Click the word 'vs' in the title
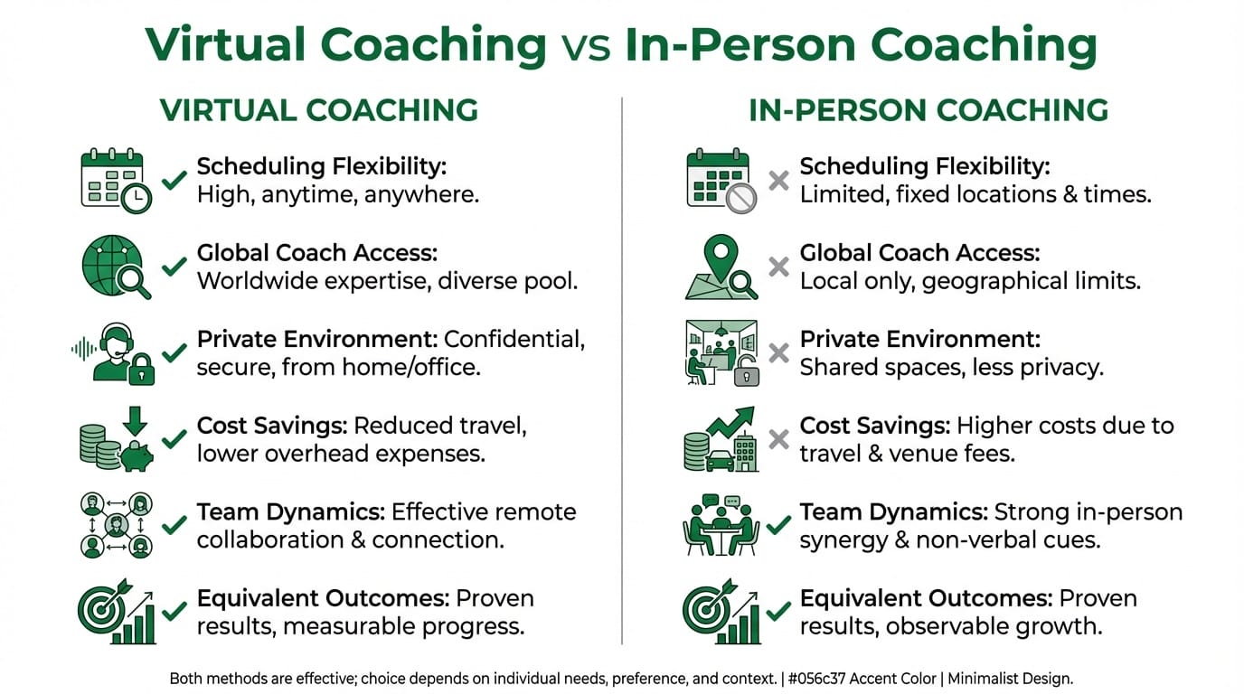(x=586, y=44)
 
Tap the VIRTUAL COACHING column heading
(x=318, y=110)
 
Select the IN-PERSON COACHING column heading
(x=928, y=110)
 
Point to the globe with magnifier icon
(x=116, y=267)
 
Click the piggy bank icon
(x=136, y=452)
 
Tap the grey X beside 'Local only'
(x=777, y=267)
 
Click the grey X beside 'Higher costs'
(x=777, y=440)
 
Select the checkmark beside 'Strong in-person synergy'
(x=777, y=526)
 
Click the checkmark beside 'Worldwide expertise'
(x=174, y=267)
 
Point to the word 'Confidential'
(x=514, y=339)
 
